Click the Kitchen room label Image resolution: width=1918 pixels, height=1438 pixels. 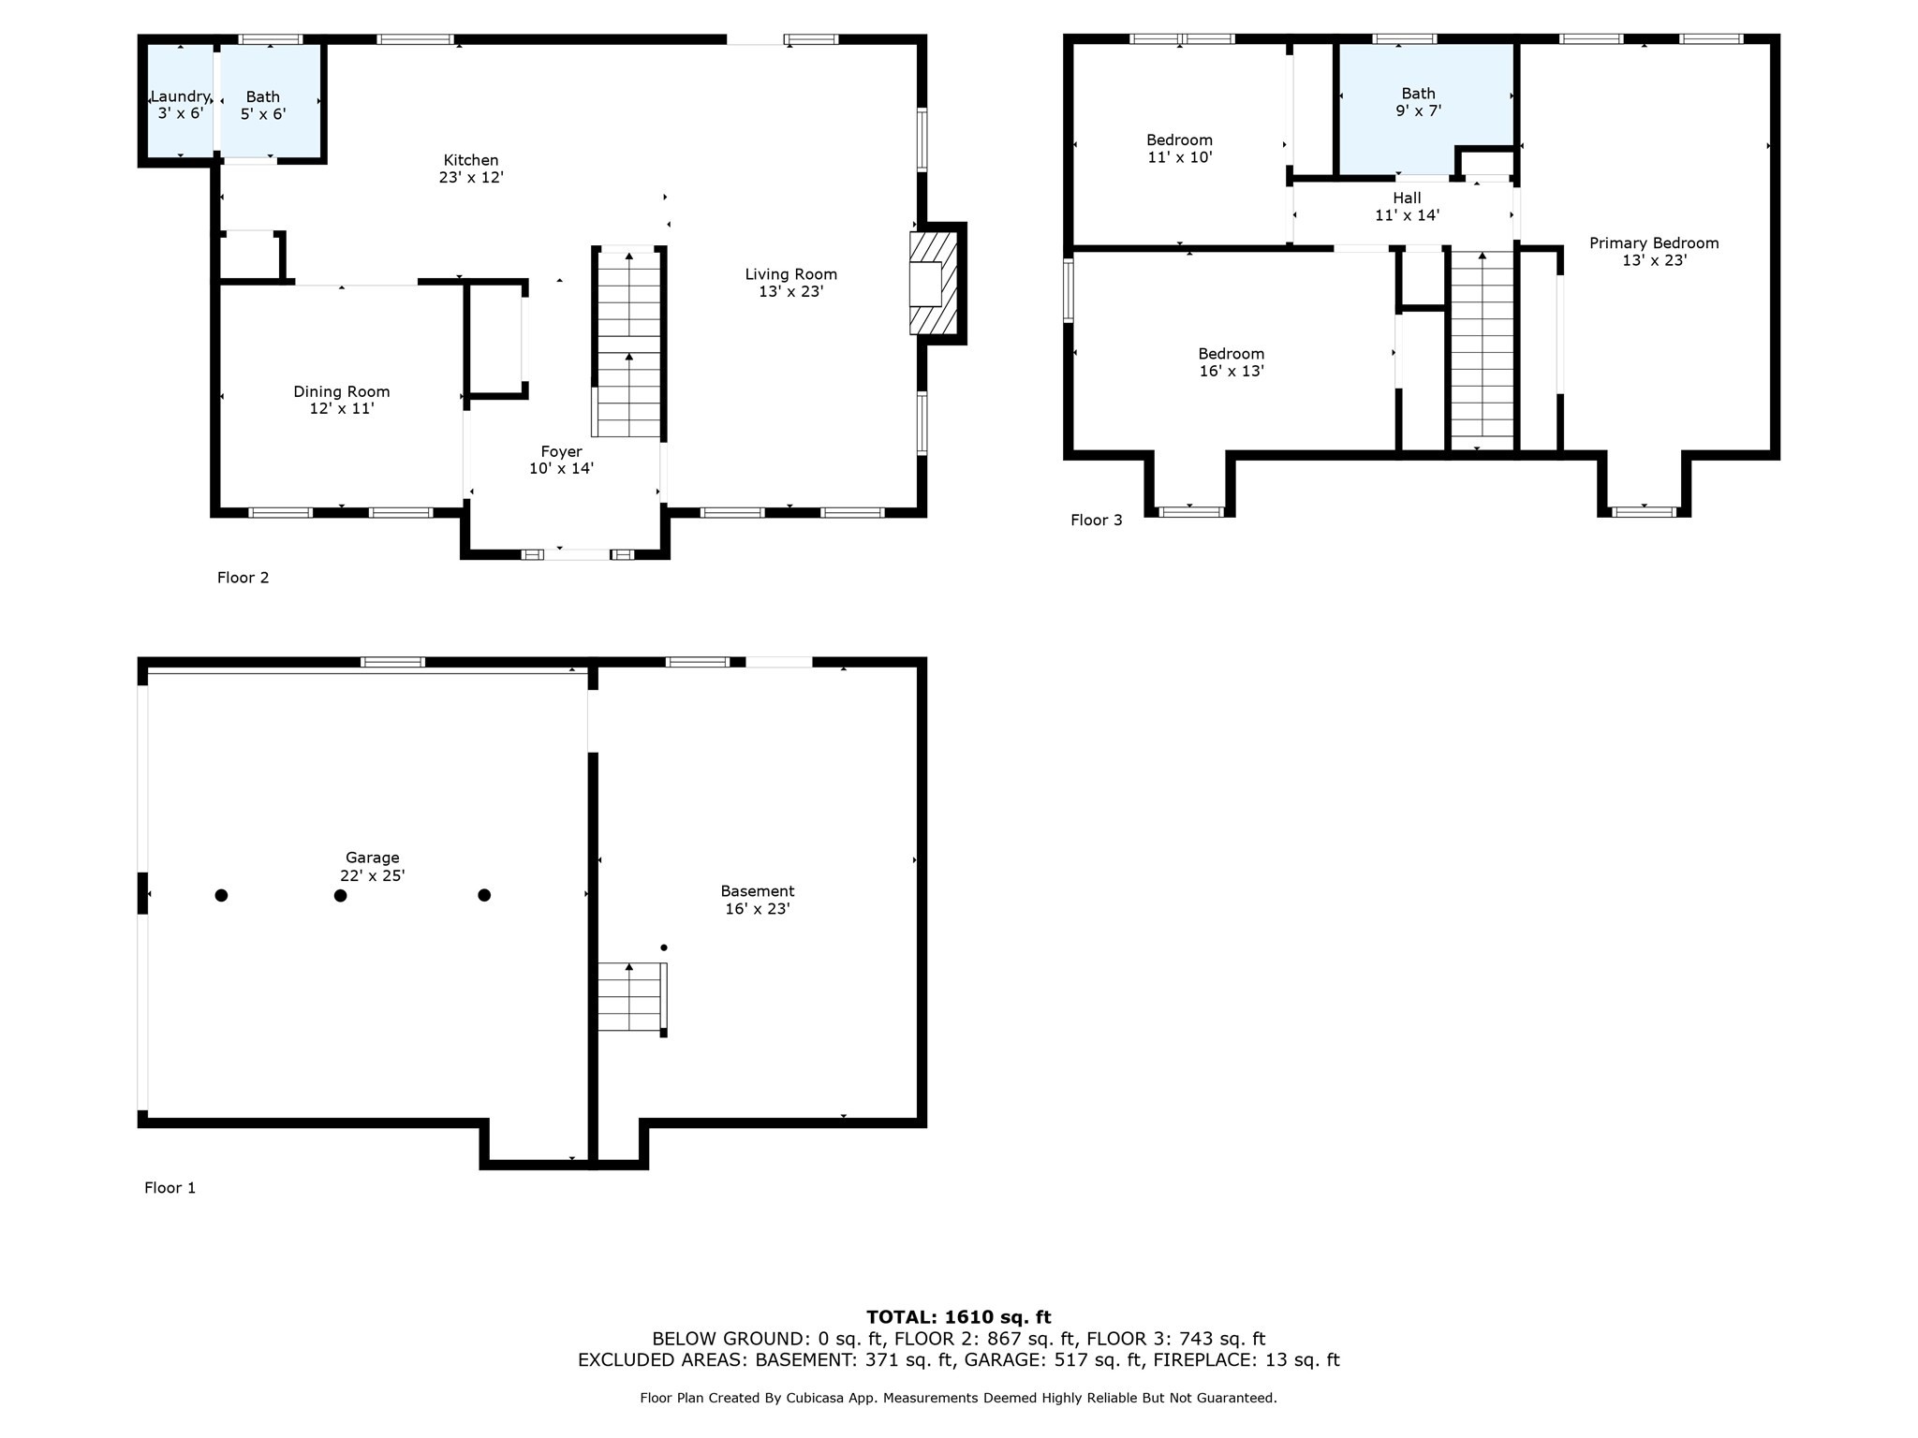point(471,169)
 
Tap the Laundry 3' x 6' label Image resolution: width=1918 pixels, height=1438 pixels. point(180,105)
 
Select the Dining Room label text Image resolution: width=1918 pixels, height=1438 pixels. point(342,400)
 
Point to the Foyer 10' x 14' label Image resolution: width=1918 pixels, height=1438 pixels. point(561,460)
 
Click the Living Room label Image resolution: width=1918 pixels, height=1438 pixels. point(791,283)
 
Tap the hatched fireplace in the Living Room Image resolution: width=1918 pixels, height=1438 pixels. point(935,283)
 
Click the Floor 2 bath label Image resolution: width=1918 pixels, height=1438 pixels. point(263,105)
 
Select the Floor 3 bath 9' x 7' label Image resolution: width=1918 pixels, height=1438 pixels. point(1418,102)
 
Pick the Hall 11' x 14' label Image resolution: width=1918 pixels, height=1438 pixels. point(1407,206)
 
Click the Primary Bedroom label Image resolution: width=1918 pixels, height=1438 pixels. point(1654,251)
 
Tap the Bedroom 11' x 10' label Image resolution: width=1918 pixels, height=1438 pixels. point(1180,148)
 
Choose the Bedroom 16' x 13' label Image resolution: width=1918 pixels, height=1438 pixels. point(1232,361)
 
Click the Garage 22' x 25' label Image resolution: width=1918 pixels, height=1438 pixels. point(373,866)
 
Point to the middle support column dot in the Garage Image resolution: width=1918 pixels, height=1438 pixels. point(341,896)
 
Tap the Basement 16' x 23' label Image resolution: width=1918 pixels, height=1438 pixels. point(758,900)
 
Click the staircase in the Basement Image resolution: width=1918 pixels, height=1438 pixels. point(632,997)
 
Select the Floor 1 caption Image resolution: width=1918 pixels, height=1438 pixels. point(170,1188)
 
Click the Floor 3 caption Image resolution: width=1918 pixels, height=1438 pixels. point(1097,521)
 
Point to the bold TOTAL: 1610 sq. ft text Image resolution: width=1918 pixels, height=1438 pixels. point(959,1318)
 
